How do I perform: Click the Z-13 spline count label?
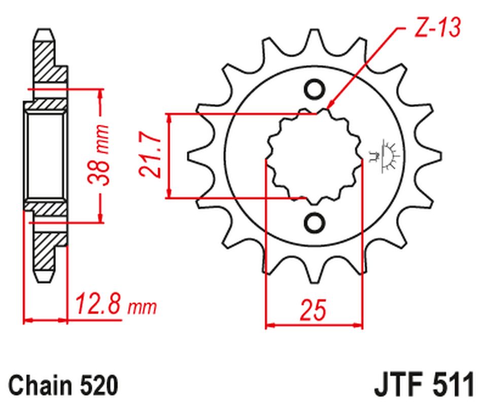click(x=437, y=28)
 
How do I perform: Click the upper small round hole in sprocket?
click(x=314, y=89)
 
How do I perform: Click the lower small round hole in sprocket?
click(x=314, y=222)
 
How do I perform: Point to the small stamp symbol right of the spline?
click(x=386, y=154)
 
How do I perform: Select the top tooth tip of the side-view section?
click(x=44, y=31)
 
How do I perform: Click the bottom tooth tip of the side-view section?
click(x=44, y=279)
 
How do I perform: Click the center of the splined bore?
click(x=314, y=156)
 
